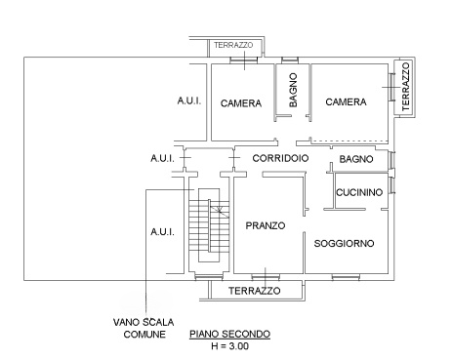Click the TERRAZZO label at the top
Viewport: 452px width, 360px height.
[234, 45]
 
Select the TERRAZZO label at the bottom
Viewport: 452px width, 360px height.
[254, 291]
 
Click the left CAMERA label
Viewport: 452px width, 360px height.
[238, 102]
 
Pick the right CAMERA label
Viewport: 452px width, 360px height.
[346, 101]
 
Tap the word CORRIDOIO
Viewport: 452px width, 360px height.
[280, 158]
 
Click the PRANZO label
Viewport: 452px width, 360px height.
[265, 225]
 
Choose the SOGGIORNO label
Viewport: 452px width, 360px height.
[345, 243]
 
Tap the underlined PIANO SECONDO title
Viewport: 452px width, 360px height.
[229, 334]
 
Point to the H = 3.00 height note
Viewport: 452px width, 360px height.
[229, 345]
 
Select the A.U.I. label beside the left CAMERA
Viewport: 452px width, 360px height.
[188, 101]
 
